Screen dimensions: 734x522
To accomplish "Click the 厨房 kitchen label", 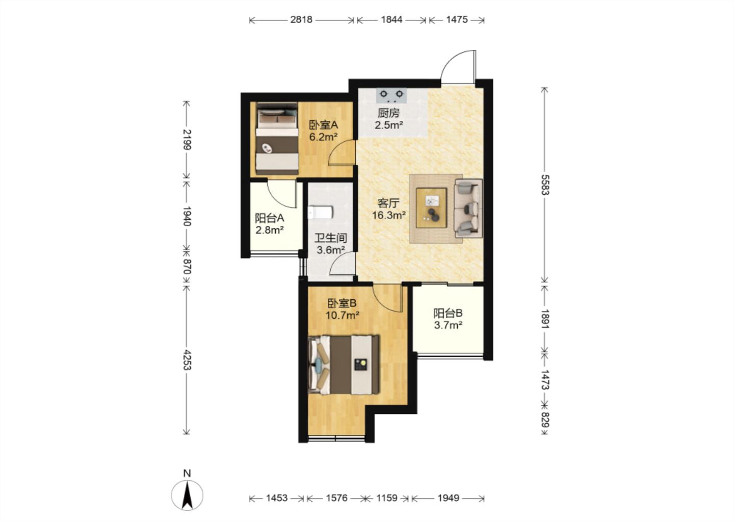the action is tap(388, 113).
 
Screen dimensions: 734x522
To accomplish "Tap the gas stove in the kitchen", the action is tap(391, 95).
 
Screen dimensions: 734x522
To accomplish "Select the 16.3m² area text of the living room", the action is tap(389, 215).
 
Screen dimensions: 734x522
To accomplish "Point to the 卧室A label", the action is tap(323, 125).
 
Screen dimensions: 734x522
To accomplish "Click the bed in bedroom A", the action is tap(277, 139).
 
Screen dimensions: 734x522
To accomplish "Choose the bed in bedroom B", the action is tap(344, 364).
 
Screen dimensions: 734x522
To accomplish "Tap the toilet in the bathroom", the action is tap(321, 213).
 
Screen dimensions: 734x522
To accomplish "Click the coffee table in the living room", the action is tap(432, 208).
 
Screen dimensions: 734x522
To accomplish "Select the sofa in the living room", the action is tap(468, 208).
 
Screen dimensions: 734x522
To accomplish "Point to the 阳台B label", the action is tap(448, 314).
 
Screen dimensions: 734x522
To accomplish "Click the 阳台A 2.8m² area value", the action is tap(269, 230).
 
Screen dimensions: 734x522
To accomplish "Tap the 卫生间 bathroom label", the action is tap(331, 238).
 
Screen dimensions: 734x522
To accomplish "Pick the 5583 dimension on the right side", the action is tap(544, 185).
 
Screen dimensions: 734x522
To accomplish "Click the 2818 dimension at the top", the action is tap(301, 20).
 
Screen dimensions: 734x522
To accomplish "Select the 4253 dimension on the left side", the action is tap(187, 360).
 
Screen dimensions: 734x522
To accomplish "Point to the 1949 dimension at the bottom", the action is tap(448, 498).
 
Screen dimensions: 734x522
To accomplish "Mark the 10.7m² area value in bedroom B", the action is tap(343, 315).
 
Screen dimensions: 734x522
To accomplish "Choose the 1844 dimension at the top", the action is tap(391, 20).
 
